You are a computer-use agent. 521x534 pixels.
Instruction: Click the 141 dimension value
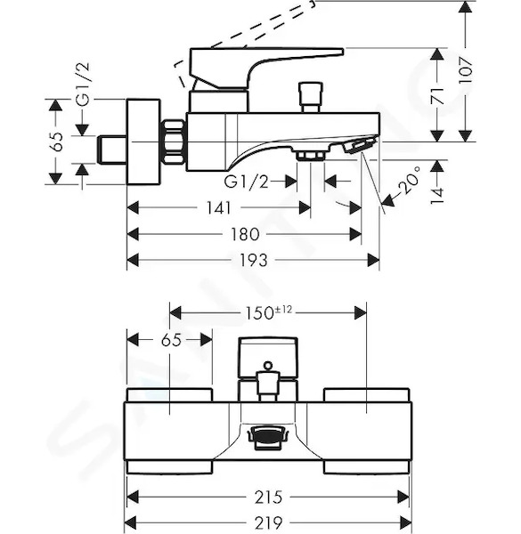click(219, 207)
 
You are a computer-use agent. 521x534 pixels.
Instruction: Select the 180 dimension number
click(245, 234)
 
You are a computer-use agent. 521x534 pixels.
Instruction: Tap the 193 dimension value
click(254, 261)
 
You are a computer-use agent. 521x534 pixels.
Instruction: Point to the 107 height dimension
click(466, 70)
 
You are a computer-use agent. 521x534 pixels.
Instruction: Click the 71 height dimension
click(437, 96)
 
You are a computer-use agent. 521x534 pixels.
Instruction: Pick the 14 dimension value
click(437, 196)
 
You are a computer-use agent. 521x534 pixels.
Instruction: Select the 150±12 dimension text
click(269, 312)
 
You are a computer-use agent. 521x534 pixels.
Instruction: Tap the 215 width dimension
click(268, 498)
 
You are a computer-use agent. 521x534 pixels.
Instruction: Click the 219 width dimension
click(268, 522)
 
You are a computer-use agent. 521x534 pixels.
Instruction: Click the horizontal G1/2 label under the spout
click(246, 182)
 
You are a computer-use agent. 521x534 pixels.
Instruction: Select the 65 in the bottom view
click(171, 340)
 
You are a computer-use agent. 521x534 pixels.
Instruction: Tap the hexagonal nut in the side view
click(175, 142)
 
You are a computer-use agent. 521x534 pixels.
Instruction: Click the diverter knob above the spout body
click(311, 97)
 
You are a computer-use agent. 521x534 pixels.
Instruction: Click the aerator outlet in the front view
click(268, 433)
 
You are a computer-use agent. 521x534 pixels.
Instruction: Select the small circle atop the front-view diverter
click(268, 366)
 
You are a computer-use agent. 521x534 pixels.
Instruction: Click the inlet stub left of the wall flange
click(112, 150)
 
